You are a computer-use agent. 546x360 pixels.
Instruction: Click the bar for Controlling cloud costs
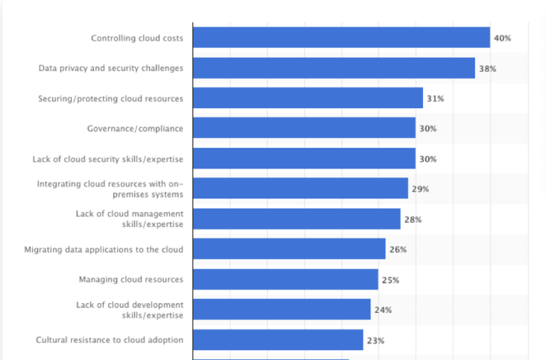(x=341, y=38)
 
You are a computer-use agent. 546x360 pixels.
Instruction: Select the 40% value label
(x=502, y=38)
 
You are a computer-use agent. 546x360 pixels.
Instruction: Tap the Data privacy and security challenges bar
(x=333, y=68)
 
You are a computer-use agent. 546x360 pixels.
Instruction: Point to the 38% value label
(x=487, y=68)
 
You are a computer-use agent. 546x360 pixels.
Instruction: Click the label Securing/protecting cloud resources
(x=110, y=98)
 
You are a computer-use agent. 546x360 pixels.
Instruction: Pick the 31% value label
(x=435, y=98)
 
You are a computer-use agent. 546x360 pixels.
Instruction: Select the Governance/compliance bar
(x=304, y=128)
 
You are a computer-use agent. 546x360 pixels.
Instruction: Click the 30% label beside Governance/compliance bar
(x=427, y=129)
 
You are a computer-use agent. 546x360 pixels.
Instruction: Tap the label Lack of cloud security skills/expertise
(x=107, y=159)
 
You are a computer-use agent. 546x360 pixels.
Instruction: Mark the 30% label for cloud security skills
(x=427, y=159)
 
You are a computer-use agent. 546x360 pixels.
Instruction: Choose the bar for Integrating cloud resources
(x=300, y=189)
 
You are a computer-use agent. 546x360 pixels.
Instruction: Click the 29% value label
(x=420, y=189)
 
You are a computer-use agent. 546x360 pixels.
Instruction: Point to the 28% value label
(x=412, y=219)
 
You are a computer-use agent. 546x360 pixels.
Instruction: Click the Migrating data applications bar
(x=289, y=249)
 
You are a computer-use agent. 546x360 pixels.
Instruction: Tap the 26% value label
(x=397, y=250)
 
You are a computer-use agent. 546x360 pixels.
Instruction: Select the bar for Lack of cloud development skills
(x=282, y=309)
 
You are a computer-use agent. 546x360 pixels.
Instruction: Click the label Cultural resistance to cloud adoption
(x=109, y=339)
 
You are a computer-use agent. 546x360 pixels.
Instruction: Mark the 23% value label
(x=375, y=340)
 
